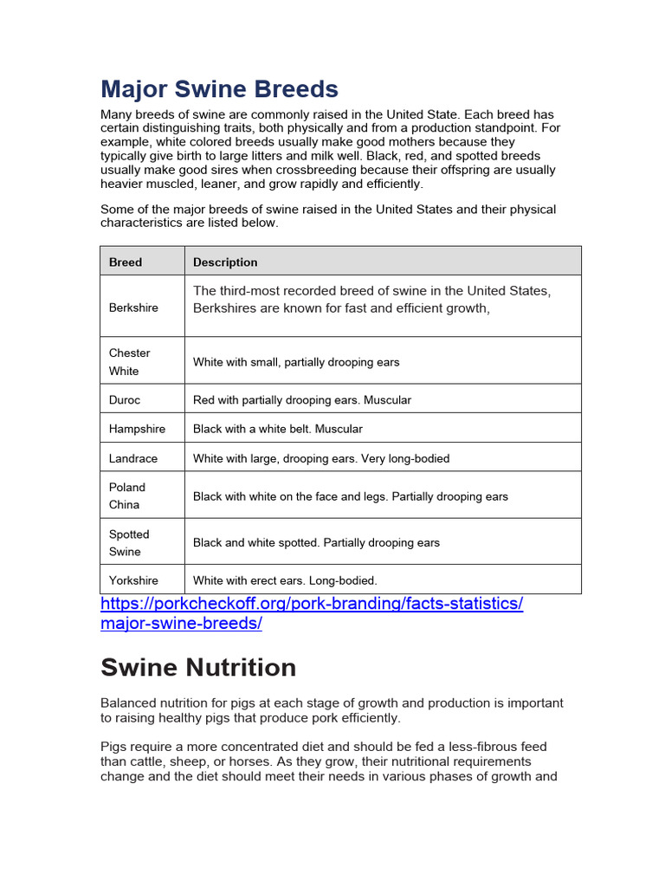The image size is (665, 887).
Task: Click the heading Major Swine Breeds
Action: (219, 89)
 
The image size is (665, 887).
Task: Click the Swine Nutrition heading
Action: (198, 668)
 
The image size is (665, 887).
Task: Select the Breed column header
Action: (126, 262)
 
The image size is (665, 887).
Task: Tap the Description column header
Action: (225, 262)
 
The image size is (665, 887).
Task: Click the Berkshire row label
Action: (133, 308)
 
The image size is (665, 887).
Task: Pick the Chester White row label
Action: (130, 362)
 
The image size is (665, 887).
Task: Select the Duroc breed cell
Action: (125, 400)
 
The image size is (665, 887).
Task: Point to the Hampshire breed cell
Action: (137, 429)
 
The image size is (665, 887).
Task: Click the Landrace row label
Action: (133, 458)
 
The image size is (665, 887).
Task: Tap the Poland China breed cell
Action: (127, 495)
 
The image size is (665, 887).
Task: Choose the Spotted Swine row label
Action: (129, 543)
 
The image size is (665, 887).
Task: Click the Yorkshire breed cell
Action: (133, 580)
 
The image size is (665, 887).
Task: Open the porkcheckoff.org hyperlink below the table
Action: (312, 613)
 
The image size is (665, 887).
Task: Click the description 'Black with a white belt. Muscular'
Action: (278, 429)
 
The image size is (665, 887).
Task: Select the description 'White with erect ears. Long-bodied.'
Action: (285, 580)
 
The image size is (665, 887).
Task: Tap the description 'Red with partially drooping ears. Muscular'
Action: (302, 400)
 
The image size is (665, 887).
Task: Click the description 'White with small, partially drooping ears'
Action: (296, 362)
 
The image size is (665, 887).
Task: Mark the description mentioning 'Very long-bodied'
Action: (321, 458)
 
